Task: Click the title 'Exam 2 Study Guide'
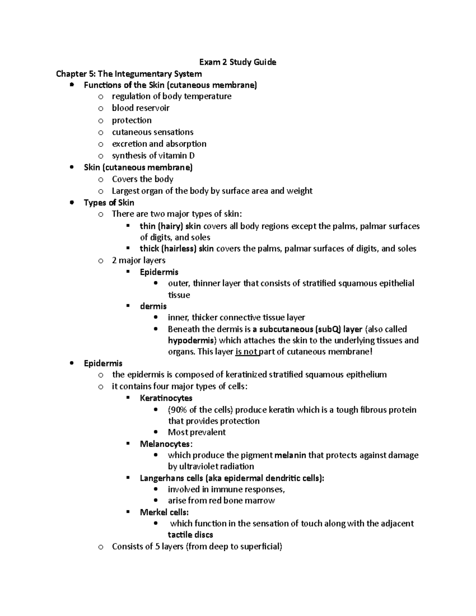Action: [x=238, y=62]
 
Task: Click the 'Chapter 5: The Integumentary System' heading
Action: [x=129, y=74]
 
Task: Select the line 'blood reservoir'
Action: [x=140, y=108]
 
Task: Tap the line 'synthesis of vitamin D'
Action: [x=153, y=155]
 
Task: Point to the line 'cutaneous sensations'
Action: [x=152, y=132]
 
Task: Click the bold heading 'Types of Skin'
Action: [x=109, y=203]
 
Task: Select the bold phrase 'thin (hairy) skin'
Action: [x=171, y=226]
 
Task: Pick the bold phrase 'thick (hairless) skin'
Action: [x=177, y=249]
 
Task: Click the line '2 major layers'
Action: [x=138, y=260]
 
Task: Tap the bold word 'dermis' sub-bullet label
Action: [x=153, y=306]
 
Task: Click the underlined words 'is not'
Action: [x=246, y=351]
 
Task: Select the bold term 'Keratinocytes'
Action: [x=166, y=398]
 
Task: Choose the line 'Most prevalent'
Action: [x=197, y=432]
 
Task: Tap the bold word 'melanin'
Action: [x=290, y=455]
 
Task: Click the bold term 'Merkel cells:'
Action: [x=164, y=512]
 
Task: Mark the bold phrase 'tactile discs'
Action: [x=190, y=535]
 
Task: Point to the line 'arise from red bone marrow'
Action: [x=221, y=501]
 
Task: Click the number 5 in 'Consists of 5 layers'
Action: [x=157, y=547]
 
